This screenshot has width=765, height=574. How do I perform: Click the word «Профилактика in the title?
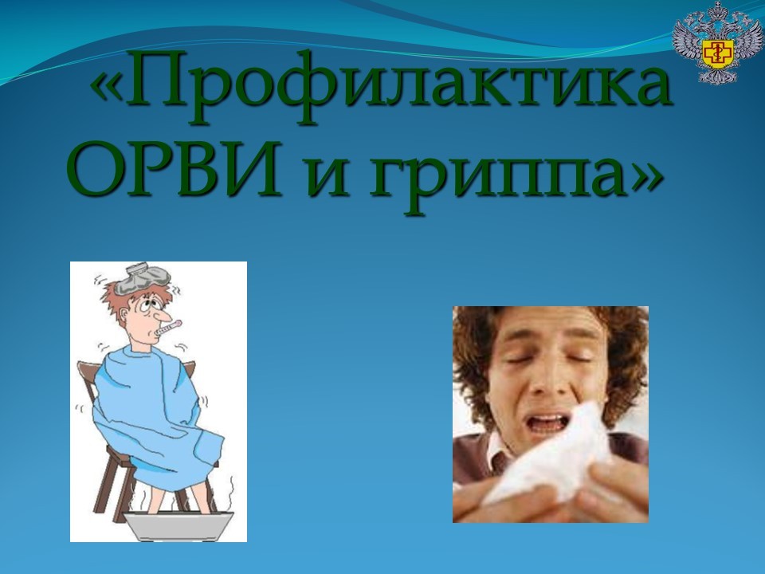point(381,83)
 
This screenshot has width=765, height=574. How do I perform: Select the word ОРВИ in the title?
point(173,168)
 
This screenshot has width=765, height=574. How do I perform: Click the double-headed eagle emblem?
point(717,42)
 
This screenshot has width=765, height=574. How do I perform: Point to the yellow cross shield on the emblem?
point(717,53)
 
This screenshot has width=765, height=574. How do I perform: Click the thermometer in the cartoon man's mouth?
point(168,328)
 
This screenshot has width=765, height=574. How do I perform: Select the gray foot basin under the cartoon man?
point(178,525)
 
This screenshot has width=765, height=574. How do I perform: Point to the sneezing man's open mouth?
point(549,423)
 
